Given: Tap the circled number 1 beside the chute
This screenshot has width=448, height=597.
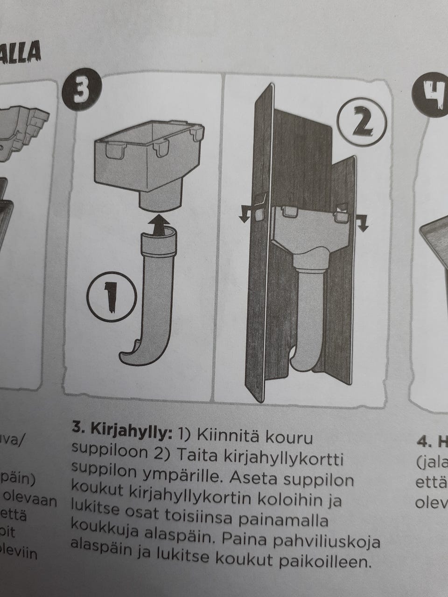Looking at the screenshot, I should tap(111, 296).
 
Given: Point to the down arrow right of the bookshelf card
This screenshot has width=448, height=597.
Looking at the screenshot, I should tap(363, 223).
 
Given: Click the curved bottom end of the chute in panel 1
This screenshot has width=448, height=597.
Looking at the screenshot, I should tap(135, 354).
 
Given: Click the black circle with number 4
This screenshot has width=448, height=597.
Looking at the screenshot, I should tap(428, 92).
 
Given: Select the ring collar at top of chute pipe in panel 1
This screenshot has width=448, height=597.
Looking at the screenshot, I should tap(160, 243).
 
